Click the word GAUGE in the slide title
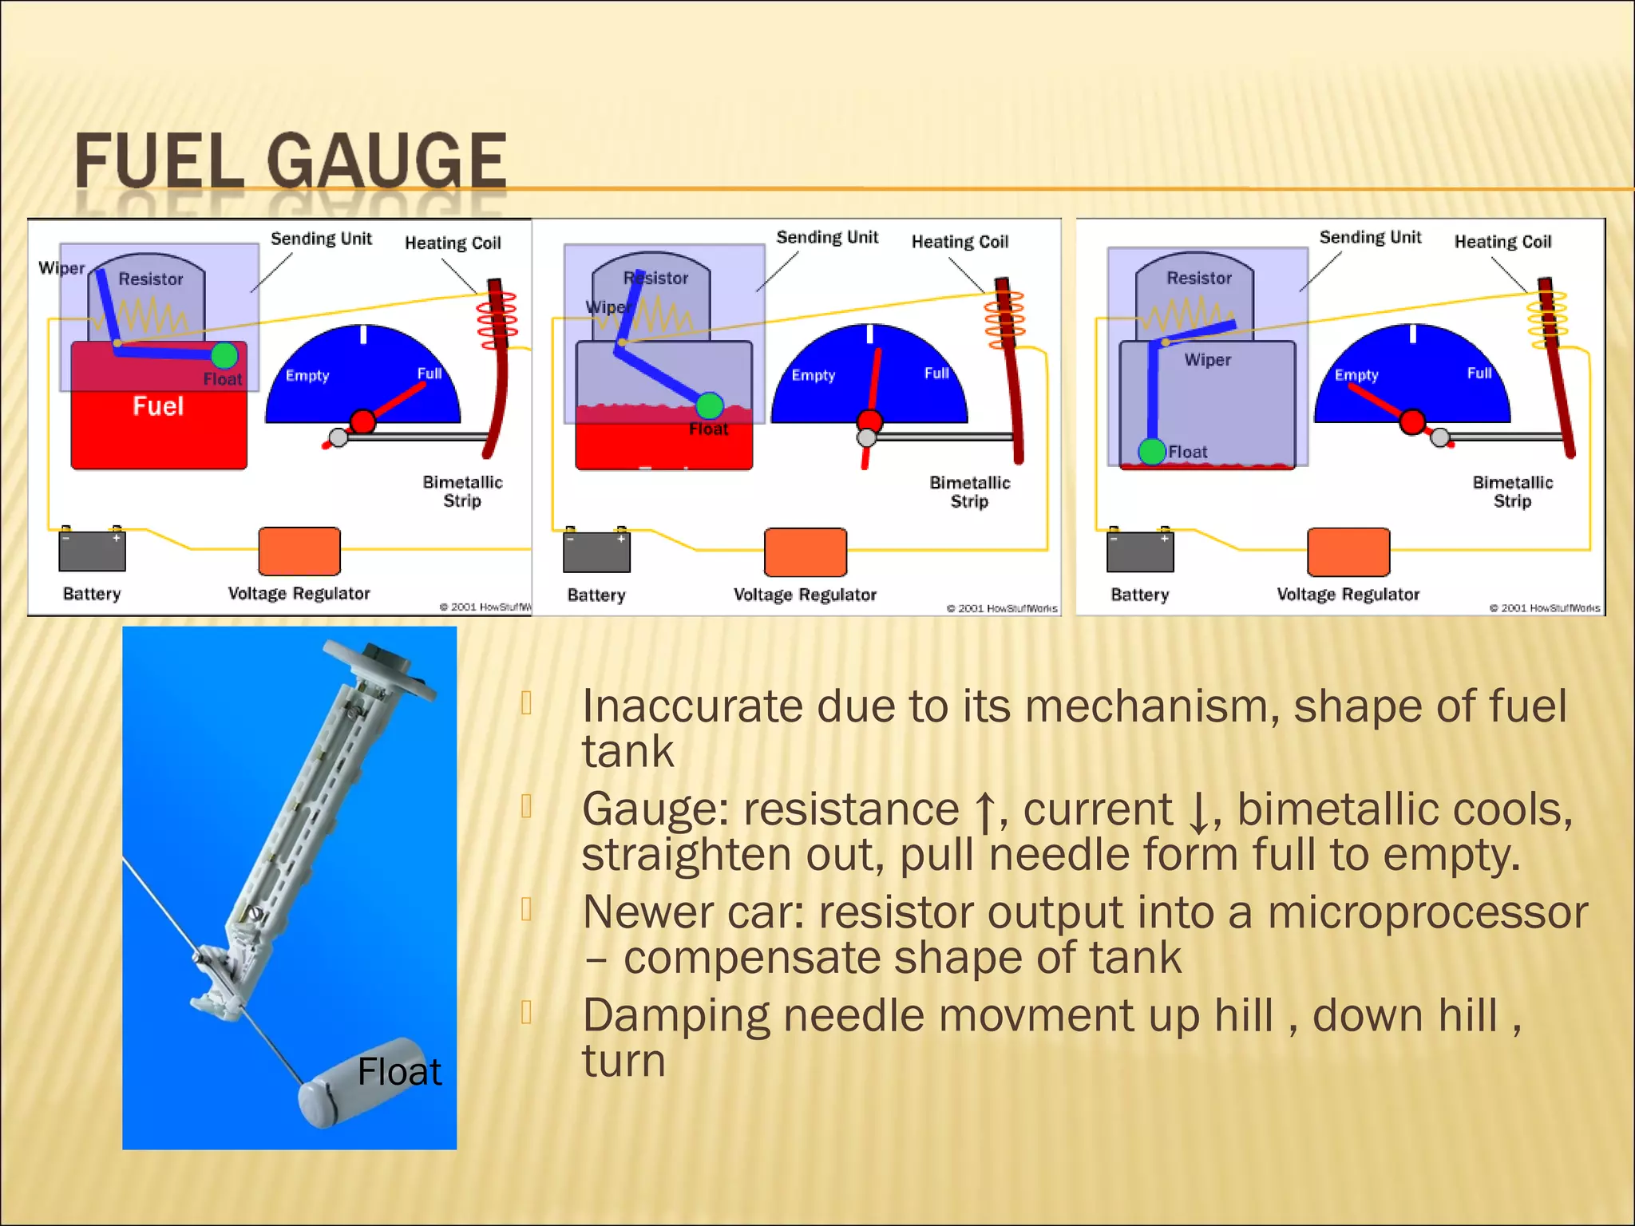[x=386, y=161]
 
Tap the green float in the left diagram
[x=224, y=355]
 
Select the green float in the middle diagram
[x=709, y=405]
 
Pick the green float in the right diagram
[x=1152, y=452]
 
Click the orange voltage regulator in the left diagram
[x=299, y=551]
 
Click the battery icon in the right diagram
[x=1139, y=551]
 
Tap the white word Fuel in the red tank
[x=158, y=406]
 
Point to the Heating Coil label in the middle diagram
[x=960, y=242]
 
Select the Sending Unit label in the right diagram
[x=1370, y=238]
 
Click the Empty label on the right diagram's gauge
[x=1356, y=375]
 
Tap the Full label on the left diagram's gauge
[x=429, y=374]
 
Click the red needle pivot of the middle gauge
[x=869, y=421]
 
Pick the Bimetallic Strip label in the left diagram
[x=462, y=492]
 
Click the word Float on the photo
[x=399, y=1072]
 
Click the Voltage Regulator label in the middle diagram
[x=805, y=595]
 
